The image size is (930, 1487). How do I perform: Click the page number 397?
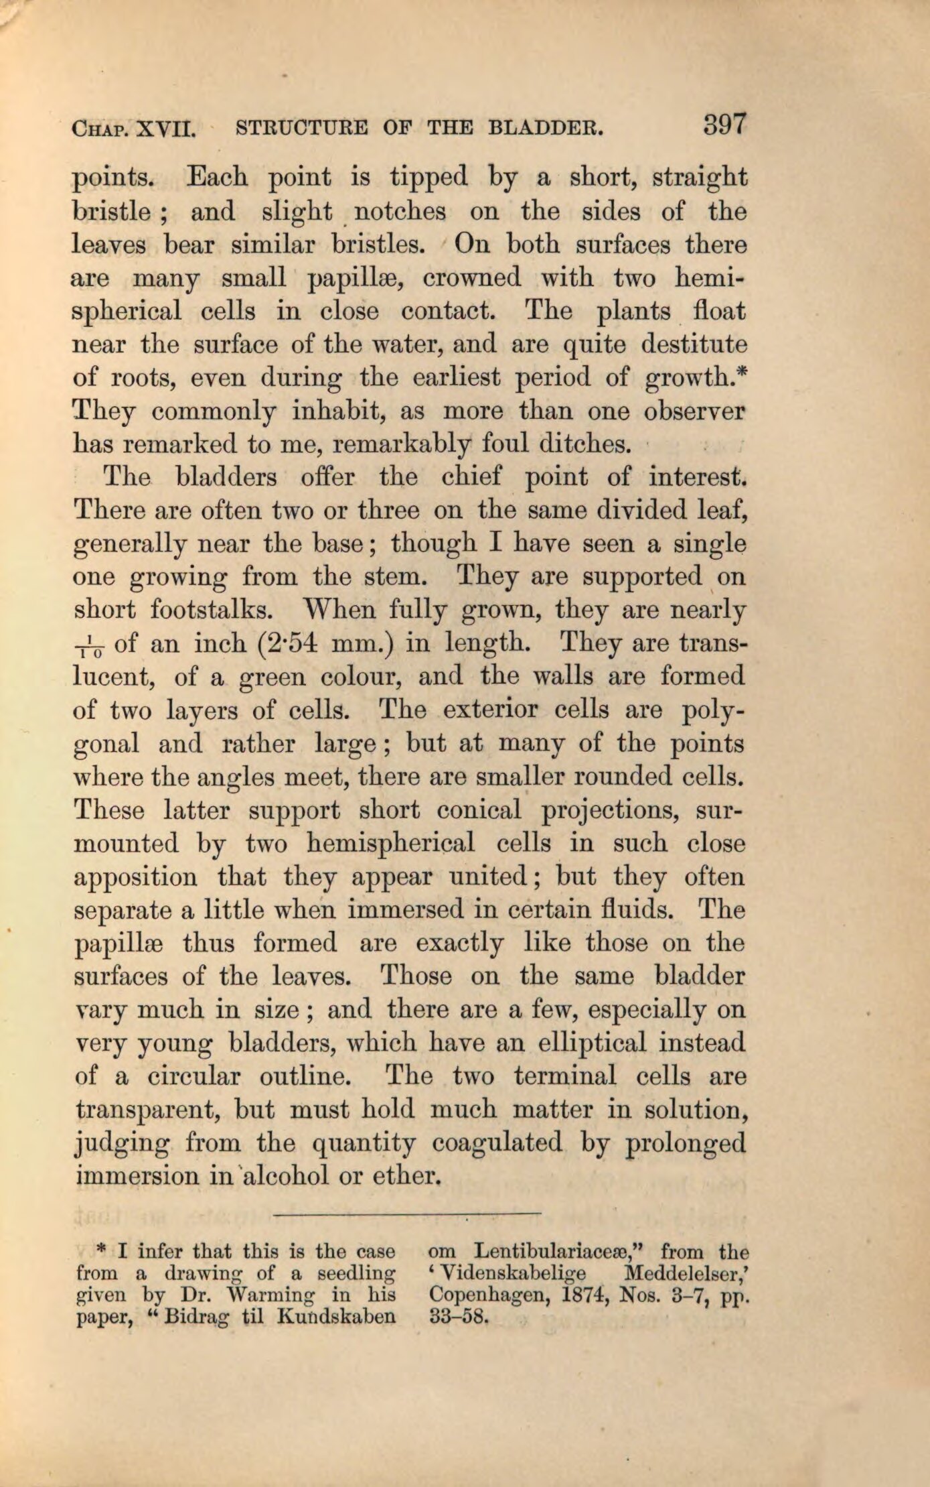point(724,125)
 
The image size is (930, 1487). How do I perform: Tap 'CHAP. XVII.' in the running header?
point(133,127)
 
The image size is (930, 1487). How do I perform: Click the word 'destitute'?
point(694,345)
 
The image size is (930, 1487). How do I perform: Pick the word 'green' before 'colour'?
point(271,677)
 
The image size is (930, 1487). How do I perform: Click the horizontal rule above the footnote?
point(406,1214)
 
